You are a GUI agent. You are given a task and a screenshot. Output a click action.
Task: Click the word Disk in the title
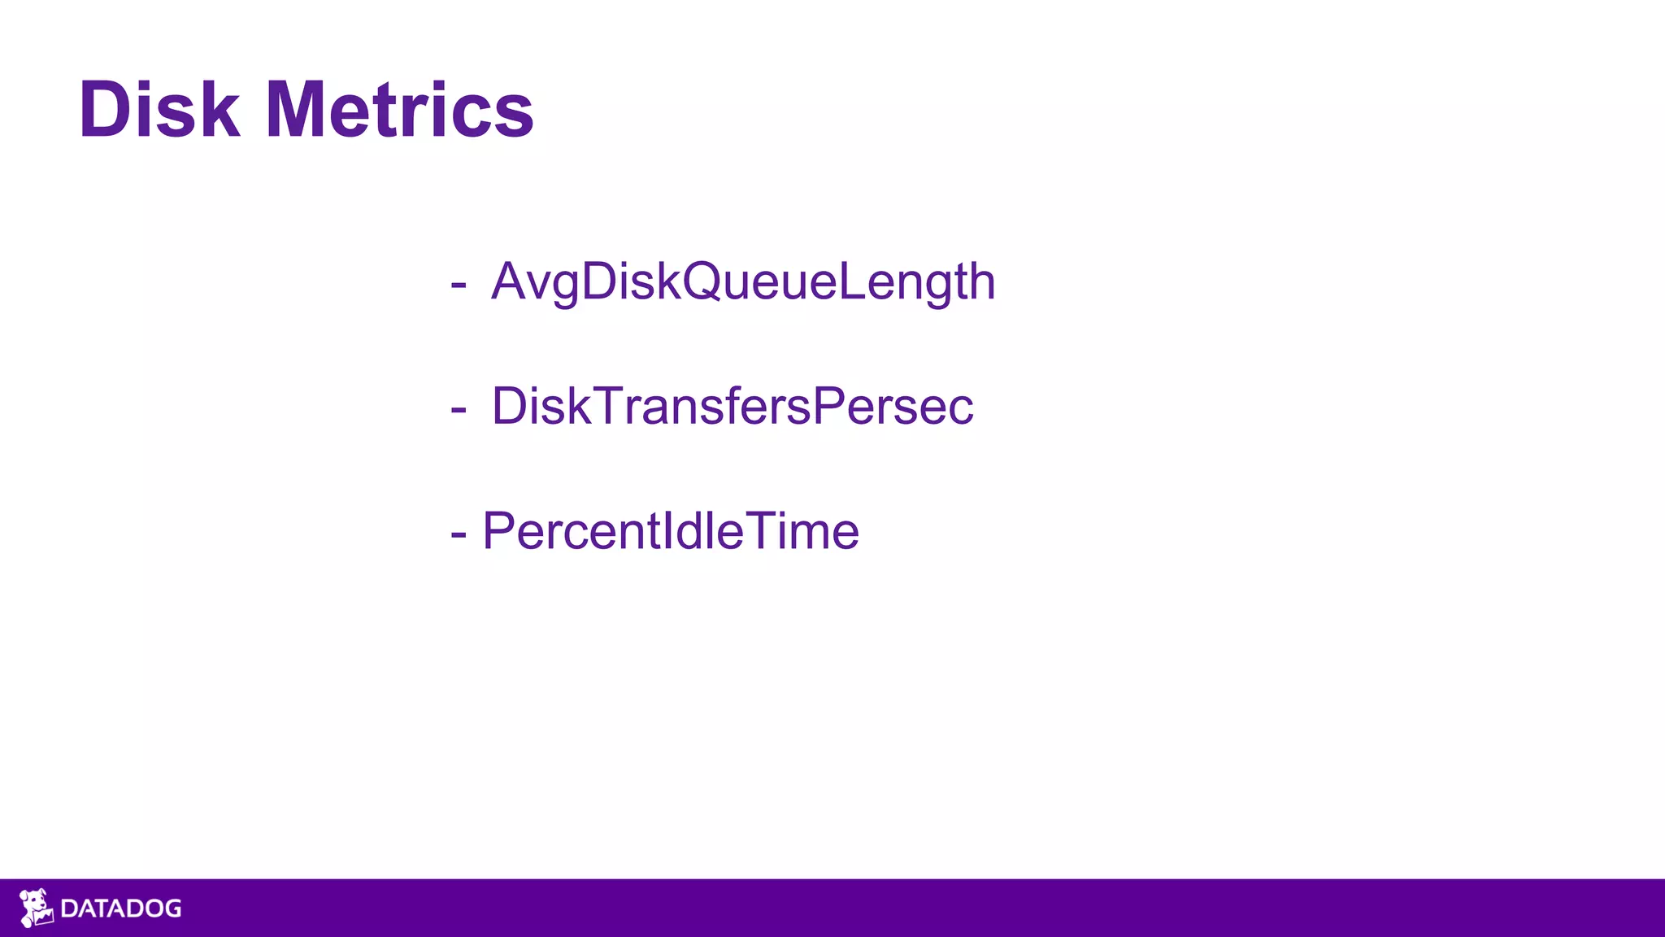(159, 110)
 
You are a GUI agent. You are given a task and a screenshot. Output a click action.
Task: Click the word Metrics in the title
(399, 110)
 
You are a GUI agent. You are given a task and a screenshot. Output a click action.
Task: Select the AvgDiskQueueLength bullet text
(743, 282)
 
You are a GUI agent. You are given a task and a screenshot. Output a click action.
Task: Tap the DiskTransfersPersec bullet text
(732, 406)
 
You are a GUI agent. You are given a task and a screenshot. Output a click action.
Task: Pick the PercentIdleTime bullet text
(670, 531)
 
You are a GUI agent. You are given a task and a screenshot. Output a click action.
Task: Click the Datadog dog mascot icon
(36, 908)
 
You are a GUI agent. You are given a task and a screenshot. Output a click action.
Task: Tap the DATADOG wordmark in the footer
(121, 909)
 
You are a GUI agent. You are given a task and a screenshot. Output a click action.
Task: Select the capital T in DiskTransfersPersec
(609, 405)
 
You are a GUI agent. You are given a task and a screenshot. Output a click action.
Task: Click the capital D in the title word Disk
(105, 110)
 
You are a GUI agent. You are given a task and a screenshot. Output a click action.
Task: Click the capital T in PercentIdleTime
(761, 530)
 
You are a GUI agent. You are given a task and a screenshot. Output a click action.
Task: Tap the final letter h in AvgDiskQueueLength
(980, 281)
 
